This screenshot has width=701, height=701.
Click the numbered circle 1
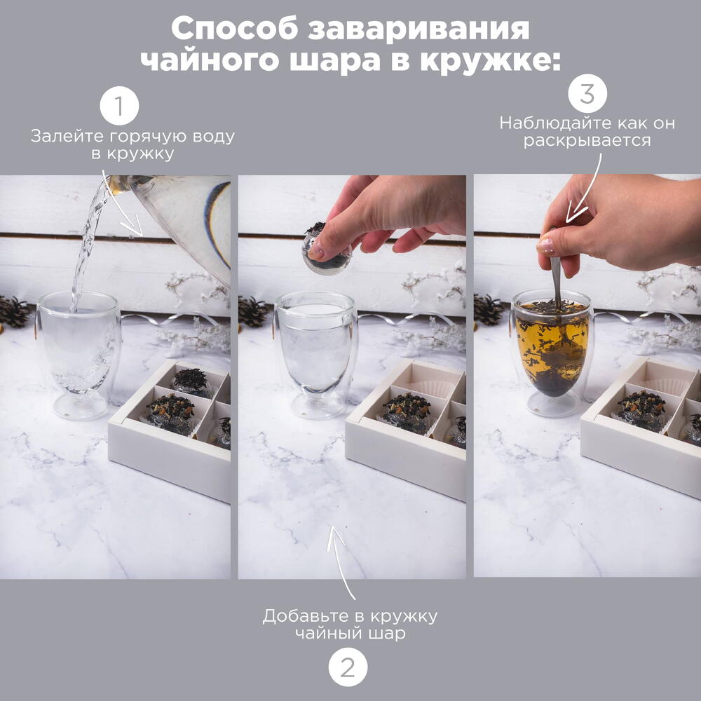tap(119, 106)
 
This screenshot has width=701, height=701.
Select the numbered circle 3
tap(587, 94)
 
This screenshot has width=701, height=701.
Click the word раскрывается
tap(587, 140)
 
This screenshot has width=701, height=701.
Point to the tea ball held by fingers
tap(327, 250)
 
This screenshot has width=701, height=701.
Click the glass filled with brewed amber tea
tap(552, 353)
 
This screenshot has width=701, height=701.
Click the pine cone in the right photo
tap(489, 310)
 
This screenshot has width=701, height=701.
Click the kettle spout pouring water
tap(118, 184)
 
